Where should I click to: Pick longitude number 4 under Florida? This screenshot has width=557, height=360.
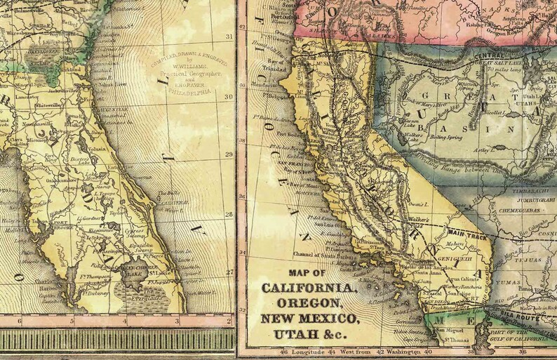tap(124, 321)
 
